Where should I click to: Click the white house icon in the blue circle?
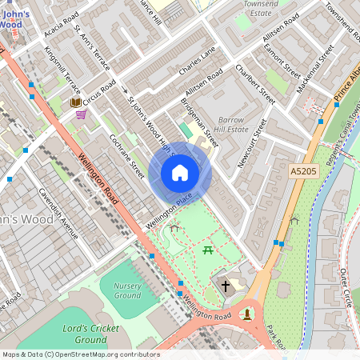tap(180, 173)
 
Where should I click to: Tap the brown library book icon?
tap(75, 102)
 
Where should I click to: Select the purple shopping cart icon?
tap(81, 114)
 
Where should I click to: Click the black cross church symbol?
tap(226, 285)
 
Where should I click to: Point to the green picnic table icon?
tap(208, 251)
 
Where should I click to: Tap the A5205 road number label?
tap(305, 171)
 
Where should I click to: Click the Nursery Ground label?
tap(127, 290)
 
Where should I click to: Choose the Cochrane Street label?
tap(126, 155)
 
